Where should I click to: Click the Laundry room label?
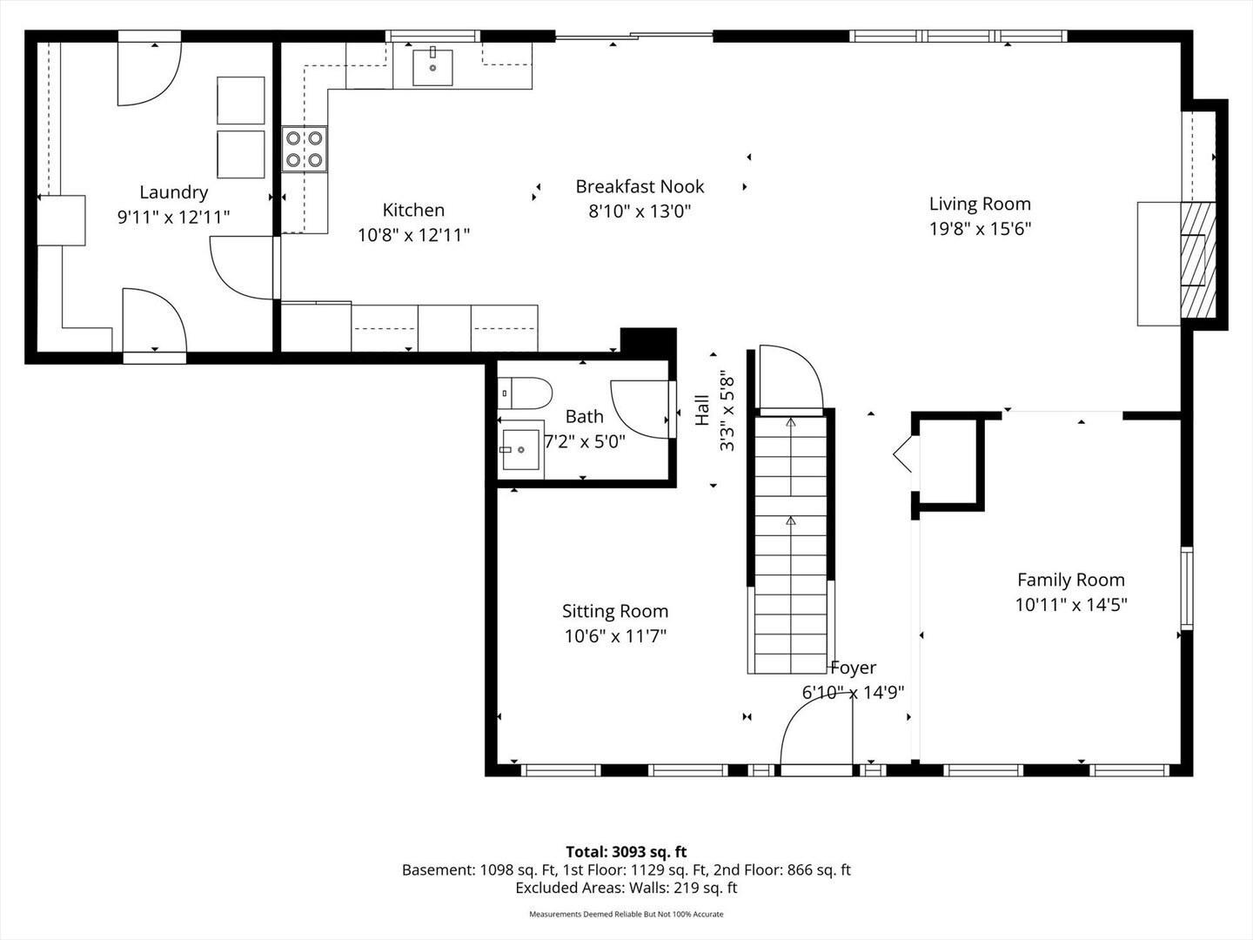[x=173, y=193]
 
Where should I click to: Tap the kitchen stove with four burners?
[x=305, y=149]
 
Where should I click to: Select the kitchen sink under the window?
[x=432, y=67]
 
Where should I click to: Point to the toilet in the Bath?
[x=525, y=393]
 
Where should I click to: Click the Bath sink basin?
[x=521, y=450]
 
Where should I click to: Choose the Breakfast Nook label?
[x=640, y=186]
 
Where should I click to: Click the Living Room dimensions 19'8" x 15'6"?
[x=980, y=229]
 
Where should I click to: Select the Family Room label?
[x=1071, y=580]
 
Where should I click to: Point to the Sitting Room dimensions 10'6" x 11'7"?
[x=615, y=635]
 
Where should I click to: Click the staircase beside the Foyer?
[x=791, y=545]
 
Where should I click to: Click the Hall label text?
[x=702, y=410]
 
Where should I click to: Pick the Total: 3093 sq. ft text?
[x=626, y=852]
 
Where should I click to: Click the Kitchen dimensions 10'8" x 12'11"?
[x=413, y=235]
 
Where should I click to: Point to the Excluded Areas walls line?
[x=626, y=888]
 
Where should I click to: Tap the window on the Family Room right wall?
[x=1187, y=588]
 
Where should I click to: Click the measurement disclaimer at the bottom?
[x=626, y=914]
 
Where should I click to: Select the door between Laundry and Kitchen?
[x=243, y=268]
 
